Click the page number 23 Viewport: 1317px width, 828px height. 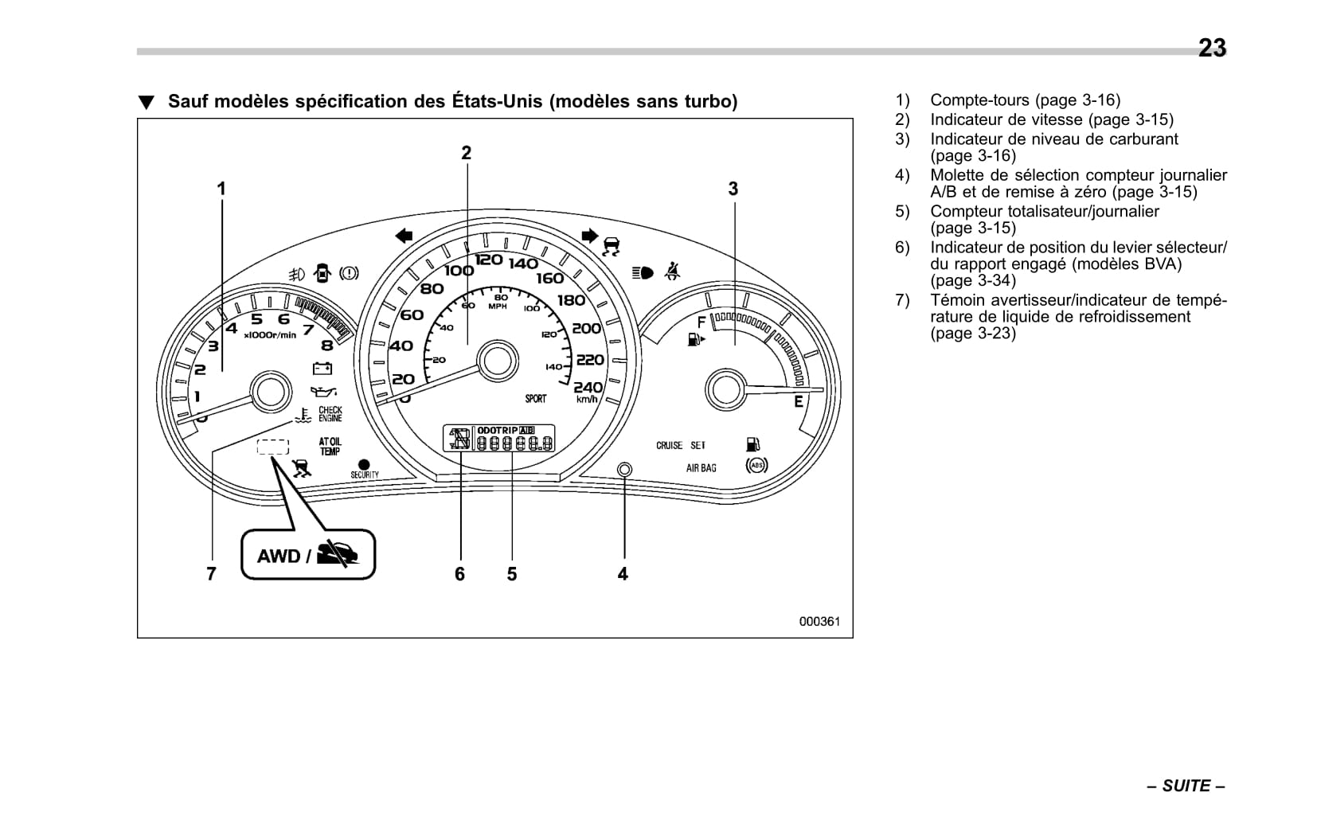[x=1212, y=49]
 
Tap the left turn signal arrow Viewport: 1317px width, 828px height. [x=404, y=235]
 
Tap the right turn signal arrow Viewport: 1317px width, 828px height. [x=589, y=235]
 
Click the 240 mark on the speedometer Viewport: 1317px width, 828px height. [x=588, y=387]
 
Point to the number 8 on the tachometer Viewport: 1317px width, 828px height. [x=327, y=346]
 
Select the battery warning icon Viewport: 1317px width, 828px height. [x=322, y=368]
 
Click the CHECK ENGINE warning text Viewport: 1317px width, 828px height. [x=330, y=414]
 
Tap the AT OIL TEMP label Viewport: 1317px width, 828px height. [x=330, y=447]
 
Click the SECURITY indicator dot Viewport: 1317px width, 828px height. [x=365, y=464]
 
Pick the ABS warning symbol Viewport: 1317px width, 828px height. [x=756, y=466]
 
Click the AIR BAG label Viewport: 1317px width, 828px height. [x=701, y=468]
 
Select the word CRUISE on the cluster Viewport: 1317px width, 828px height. [x=669, y=446]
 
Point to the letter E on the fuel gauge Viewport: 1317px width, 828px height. [x=799, y=402]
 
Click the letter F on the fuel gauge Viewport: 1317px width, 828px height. [x=701, y=322]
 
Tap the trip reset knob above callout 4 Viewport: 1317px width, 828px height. [x=624, y=470]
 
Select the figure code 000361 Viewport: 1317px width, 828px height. [x=819, y=622]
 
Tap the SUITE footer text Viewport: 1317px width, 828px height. [x=1186, y=786]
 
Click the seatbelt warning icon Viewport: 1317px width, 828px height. [x=673, y=271]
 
